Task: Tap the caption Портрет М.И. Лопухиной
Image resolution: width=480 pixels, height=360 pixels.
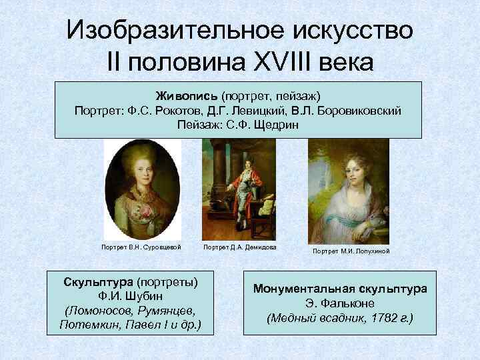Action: [x=351, y=251]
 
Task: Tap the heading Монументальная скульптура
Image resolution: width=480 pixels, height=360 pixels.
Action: [x=340, y=289]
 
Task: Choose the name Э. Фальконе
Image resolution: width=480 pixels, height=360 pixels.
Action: [x=341, y=303]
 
